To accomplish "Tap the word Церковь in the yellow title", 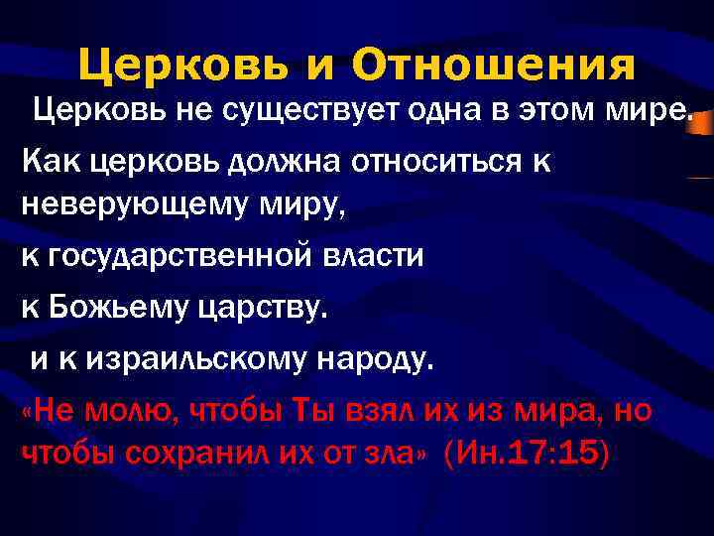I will click(x=183, y=66).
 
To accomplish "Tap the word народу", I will click(x=374, y=357).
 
